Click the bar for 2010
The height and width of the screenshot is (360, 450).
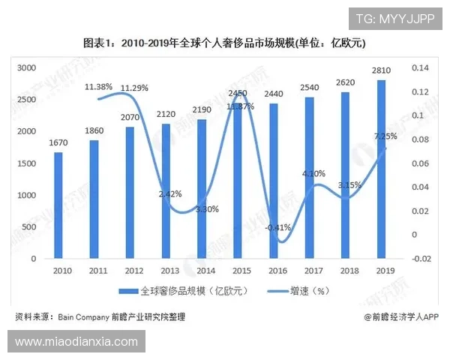coord(58,205)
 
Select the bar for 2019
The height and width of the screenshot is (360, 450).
coord(382,169)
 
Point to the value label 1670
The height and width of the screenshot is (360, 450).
coord(58,142)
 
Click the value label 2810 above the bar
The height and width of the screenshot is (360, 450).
coord(382,70)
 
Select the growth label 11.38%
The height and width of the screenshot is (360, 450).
coord(98,87)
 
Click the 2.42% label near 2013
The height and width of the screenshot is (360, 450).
coord(170,193)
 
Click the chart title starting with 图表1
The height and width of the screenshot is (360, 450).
coord(224,43)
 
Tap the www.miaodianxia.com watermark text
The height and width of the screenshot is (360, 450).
coord(76,342)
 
